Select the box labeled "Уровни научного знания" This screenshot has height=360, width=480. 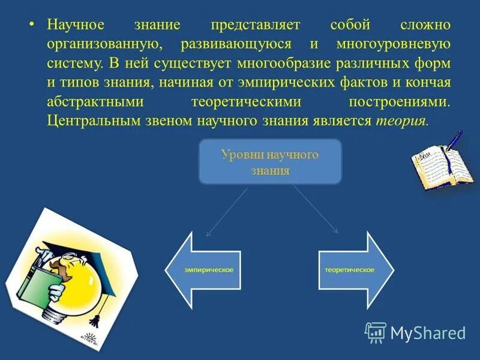(x=270, y=161)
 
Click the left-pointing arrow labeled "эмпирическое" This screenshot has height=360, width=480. (x=204, y=270)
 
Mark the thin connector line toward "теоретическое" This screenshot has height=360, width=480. (x=315, y=210)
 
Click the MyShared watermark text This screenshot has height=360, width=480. (x=427, y=332)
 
